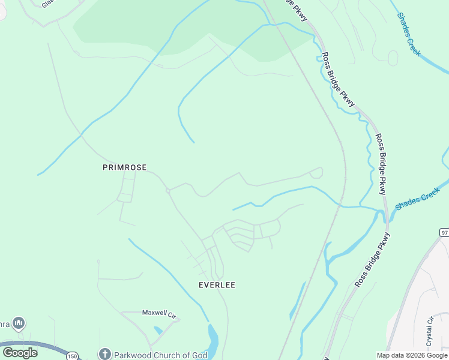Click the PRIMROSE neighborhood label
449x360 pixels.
(x=124, y=168)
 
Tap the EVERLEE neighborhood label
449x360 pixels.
(x=217, y=285)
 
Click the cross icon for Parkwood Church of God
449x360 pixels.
(x=105, y=355)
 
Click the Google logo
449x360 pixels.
(x=20, y=353)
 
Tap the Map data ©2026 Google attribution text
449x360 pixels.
(x=412, y=355)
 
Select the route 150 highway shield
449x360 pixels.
(x=72, y=356)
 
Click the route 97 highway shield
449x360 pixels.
(x=444, y=232)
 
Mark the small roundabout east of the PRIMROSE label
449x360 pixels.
(x=169, y=191)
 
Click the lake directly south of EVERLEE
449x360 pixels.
(x=212, y=339)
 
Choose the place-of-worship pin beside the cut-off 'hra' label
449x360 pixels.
(x=19, y=324)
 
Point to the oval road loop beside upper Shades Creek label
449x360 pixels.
(x=393, y=58)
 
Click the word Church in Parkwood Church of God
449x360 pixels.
(x=172, y=355)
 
